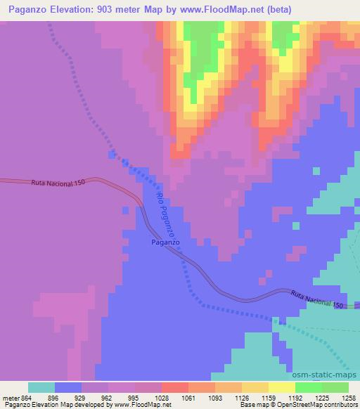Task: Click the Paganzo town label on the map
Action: click(x=166, y=242)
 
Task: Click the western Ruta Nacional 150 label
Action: click(x=58, y=182)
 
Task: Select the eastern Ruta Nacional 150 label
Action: click(x=317, y=300)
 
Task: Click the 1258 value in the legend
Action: click(x=349, y=397)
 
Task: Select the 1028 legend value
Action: click(x=162, y=397)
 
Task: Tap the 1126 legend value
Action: click(x=241, y=397)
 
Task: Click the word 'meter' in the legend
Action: click(x=11, y=397)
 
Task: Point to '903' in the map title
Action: click(x=108, y=9)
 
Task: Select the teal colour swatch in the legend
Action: click(x=41, y=387)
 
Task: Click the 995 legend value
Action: click(x=135, y=397)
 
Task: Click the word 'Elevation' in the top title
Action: click(x=70, y=9)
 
